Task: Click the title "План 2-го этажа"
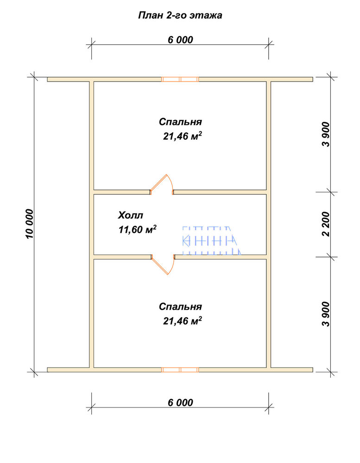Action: click(x=180, y=15)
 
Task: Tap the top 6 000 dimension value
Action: click(x=180, y=39)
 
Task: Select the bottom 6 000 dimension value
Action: click(x=180, y=402)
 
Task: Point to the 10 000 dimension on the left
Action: click(x=29, y=224)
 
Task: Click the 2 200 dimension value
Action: click(x=326, y=224)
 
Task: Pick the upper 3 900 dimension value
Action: click(x=326, y=134)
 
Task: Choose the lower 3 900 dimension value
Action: click(x=326, y=314)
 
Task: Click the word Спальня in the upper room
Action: click(x=180, y=122)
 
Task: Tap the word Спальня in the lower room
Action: click(x=180, y=307)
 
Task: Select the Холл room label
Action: click(x=130, y=215)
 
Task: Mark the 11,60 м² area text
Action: click(x=138, y=230)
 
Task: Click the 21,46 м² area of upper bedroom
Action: click(x=183, y=136)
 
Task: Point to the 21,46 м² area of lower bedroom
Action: click(x=183, y=321)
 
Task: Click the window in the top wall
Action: click(x=180, y=79)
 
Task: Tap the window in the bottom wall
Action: click(x=180, y=369)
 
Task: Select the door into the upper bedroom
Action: click(x=161, y=184)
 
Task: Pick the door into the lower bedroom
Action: click(x=163, y=264)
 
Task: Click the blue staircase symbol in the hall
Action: click(x=212, y=240)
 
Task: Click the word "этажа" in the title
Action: click(x=206, y=16)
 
